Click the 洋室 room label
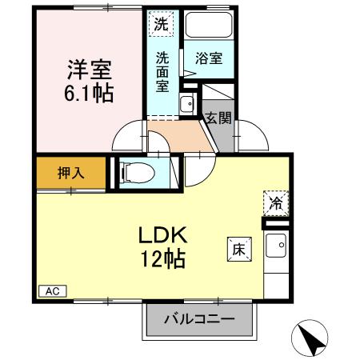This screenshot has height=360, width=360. [89, 69]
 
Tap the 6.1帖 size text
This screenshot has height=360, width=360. [89, 92]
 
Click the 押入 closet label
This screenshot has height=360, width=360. [70, 171]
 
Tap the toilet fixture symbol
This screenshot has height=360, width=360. [134, 172]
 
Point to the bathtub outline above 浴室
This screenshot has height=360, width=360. [209, 28]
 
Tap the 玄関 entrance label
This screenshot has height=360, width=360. [218, 118]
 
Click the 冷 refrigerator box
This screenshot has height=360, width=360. [274, 203]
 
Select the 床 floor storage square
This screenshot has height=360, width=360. [238, 249]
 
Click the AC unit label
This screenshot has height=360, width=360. [51, 290]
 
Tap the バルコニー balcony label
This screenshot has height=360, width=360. [200, 319]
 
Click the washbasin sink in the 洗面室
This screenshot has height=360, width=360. [186, 103]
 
